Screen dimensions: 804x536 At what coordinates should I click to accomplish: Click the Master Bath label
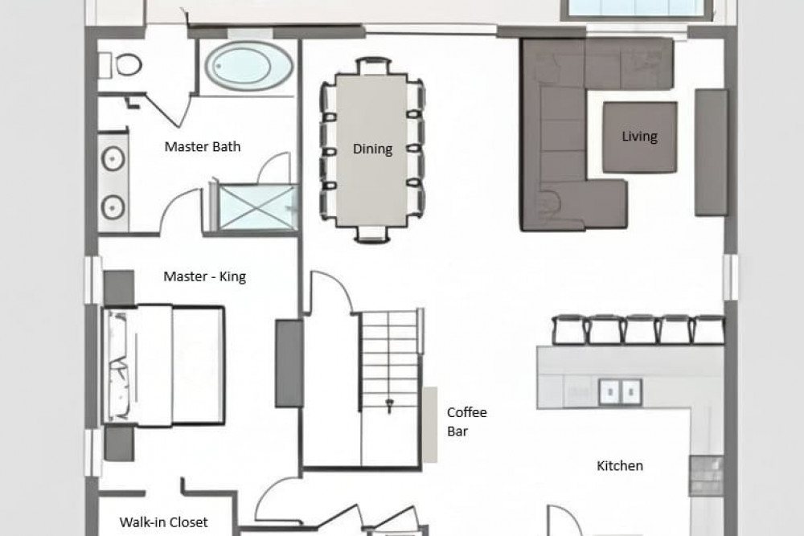coord(203,146)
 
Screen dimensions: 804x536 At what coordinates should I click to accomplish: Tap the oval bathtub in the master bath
coord(249,66)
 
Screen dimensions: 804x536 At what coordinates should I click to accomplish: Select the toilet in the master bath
coord(121,65)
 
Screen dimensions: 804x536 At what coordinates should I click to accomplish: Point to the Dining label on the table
coord(373,149)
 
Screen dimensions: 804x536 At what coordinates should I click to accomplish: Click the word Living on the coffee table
coord(639,137)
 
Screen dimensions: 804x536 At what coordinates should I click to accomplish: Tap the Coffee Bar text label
coord(466,422)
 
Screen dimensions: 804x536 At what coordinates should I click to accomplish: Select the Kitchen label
coord(620,466)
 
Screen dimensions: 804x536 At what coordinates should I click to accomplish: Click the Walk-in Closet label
coord(163,522)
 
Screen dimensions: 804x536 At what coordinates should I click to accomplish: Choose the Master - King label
coord(204,276)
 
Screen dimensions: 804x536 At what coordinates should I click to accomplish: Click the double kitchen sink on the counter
coord(621,392)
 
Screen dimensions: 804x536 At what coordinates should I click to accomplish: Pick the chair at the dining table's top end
coord(373,66)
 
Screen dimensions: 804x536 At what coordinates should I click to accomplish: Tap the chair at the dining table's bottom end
coord(373,234)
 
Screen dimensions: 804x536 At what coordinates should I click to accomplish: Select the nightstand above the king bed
coord(119,288)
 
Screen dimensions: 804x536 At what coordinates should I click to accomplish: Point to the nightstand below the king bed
coord(119,444)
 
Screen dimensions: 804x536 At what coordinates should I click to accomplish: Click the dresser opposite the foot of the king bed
coord(289,363)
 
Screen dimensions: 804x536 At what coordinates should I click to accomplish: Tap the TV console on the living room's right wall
coord(712,152)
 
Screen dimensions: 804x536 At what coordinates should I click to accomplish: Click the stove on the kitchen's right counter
coord(706,476)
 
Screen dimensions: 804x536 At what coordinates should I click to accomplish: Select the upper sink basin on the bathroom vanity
coord(113,159)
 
